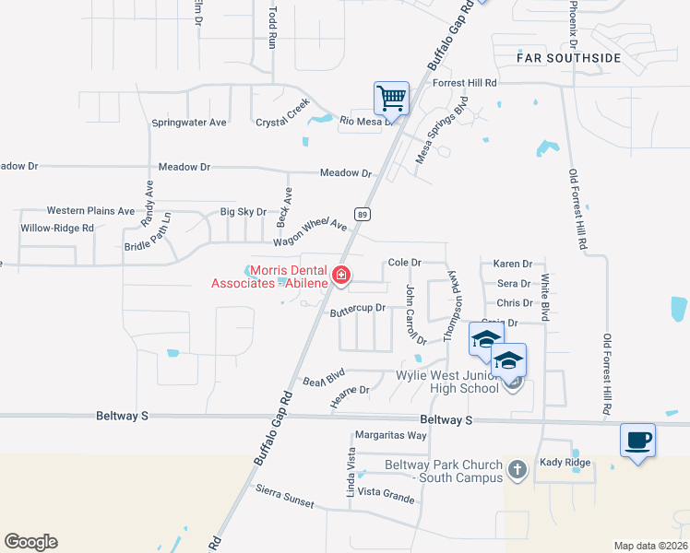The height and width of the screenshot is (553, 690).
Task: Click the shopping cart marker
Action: pyautogui.click(x=392, y=98)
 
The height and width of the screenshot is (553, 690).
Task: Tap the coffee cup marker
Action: pyautogui.click(x=637, y=440)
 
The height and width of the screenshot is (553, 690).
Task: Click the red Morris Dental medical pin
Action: pyautogui.click(x=341, y=275)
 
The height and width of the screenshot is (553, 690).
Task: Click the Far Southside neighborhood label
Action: pyautogui.click(x=568, y=58)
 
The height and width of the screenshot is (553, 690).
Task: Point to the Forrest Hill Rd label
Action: pyautogui.click(x=465, y=83)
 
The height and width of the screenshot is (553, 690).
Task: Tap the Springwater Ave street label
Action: pyautogui.click(x=189, y=122)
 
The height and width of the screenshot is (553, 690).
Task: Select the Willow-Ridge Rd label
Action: pyautogui.click(x=57, y=228)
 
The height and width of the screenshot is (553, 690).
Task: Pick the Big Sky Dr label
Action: pyautogui.click(x=244, y=212)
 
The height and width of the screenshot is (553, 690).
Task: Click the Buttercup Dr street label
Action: pyautogui.click(x=357, y=312)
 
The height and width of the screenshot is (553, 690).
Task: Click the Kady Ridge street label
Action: pyautogui.click(x=564, y=461)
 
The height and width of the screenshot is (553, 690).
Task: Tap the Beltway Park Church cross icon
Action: pyautogui.click(x=517, y=470)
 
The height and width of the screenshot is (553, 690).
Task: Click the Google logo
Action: pyautogui.click(x=30, y=542)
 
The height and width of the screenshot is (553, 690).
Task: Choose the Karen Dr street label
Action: pyautogui.click(x=513, y=264)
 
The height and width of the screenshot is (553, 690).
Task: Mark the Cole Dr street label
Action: pyautogui.click(x=404, y=262)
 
